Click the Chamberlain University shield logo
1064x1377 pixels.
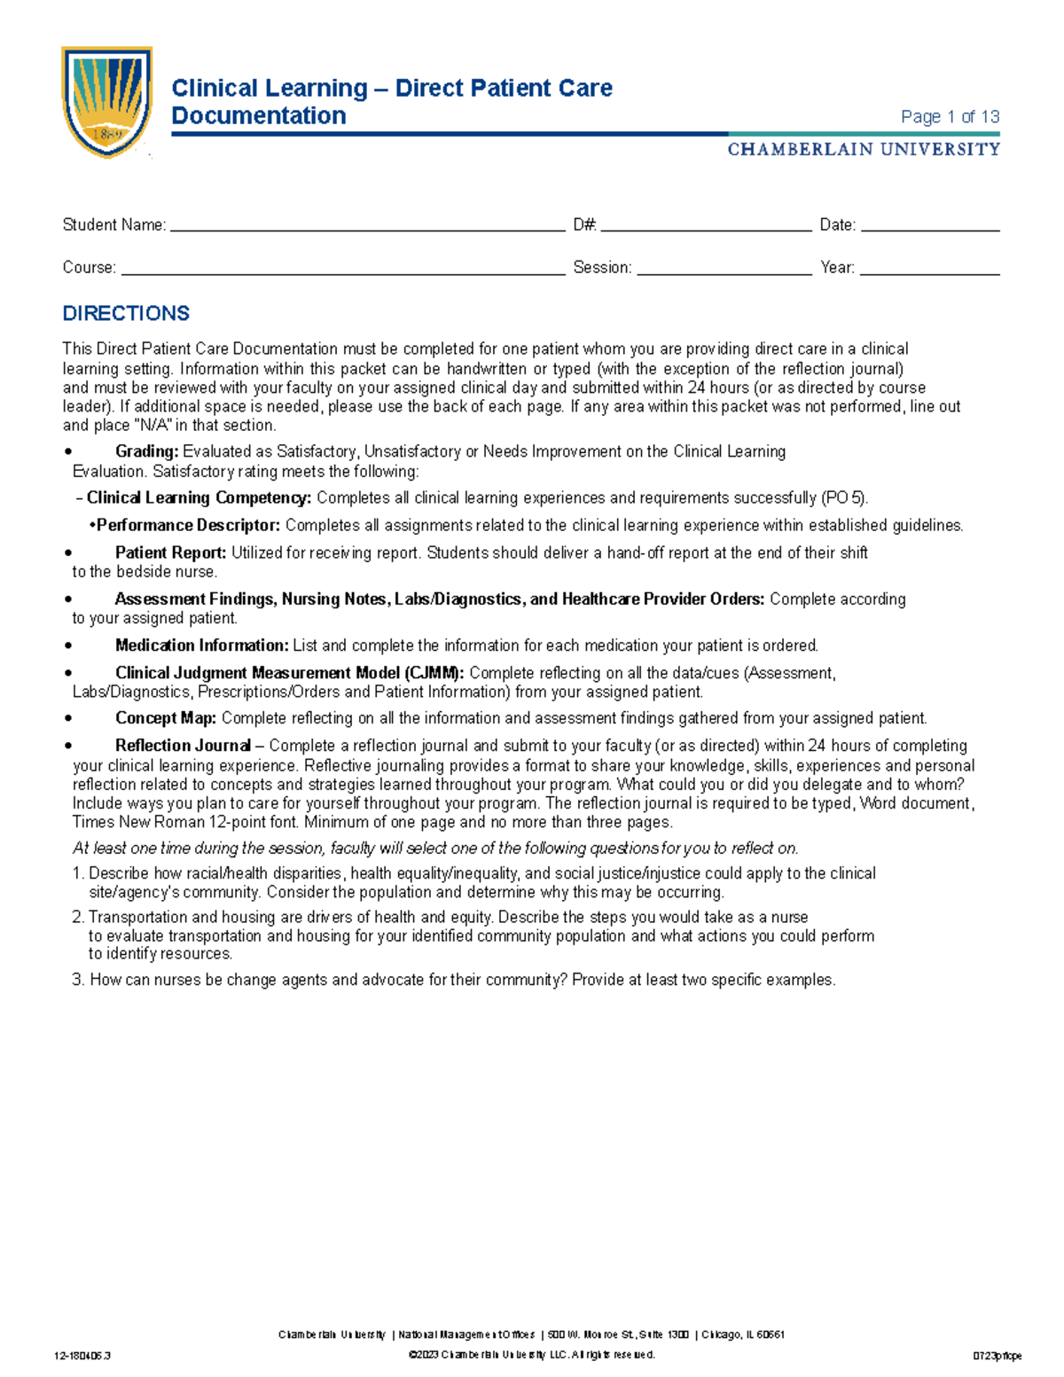[x=106, y=102]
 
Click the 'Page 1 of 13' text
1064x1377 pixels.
[x=950, y=117]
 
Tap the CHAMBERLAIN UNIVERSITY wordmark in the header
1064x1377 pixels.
[x=864, y=150]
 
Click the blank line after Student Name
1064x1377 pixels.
[x=367, y=226]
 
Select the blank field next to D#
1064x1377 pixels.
[x=706, y=226]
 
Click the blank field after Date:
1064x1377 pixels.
[x=930, y=226]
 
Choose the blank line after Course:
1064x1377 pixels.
[x=343, y=269]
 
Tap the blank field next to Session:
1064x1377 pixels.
[x=724, y=269]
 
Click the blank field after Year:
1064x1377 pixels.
[x=930, y=269]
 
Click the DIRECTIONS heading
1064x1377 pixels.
[x=126, y=314]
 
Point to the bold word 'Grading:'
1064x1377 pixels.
[x=147, y=452]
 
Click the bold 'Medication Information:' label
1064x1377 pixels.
[x=201, y=645]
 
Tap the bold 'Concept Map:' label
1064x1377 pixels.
[x=165, y=718]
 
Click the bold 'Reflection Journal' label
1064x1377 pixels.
[x=183, y=746]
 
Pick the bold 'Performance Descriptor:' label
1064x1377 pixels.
[x=188, y=526]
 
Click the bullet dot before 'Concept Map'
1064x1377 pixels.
[x=68, y=719]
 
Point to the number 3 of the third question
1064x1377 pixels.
[x=78, y=980]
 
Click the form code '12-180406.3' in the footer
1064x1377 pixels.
[x=82, y=1356]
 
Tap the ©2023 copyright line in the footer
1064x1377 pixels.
[x=531, y=1355]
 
